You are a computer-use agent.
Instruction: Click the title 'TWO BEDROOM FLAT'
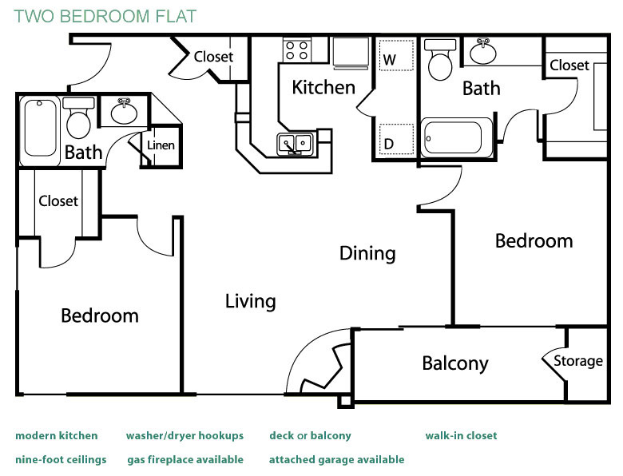tap(105, 16)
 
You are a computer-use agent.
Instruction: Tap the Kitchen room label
tap(323, 87)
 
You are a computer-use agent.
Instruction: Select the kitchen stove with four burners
tap(297, 50)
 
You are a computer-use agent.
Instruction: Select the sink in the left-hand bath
tap(124, 112)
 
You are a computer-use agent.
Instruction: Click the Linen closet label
tap(161, 146)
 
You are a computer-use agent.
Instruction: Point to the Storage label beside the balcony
tap(578, 361)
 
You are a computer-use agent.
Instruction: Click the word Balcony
tap(454, 364)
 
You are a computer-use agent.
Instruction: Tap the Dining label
tap(367, 253)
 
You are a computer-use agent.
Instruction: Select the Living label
tap(250, 301)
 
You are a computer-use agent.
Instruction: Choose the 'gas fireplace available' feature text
tap(185, 459)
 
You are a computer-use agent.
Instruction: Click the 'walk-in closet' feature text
tap(461, 435)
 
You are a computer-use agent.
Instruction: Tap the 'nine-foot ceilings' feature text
tap(61, 459)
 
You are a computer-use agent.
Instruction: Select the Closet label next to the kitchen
tap(213, 57)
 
